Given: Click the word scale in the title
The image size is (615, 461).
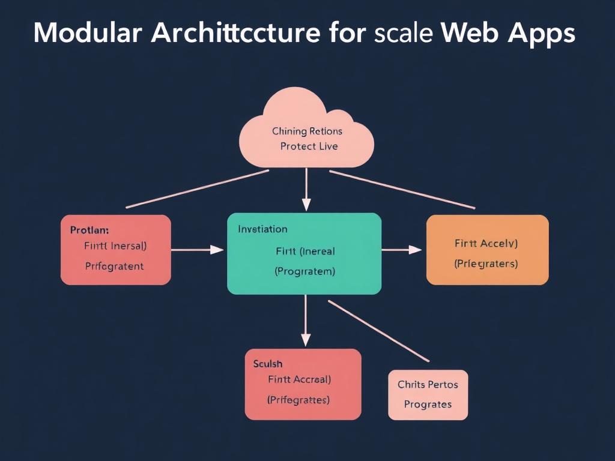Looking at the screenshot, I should coord(403,34).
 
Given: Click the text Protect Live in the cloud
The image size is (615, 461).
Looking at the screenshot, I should coord(309,146).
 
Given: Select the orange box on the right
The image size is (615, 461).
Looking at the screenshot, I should coord(487,250).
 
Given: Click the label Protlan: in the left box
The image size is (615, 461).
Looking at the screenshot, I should coord(89,230).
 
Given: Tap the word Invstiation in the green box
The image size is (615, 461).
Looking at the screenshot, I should coord(262,229).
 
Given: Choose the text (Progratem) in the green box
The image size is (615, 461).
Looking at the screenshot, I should coord(304,271).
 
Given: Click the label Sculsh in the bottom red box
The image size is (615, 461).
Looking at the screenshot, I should coord(268,364).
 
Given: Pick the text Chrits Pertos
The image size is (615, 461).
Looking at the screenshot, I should coord(428,384).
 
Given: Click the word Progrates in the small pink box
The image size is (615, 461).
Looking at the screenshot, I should coord(428,405).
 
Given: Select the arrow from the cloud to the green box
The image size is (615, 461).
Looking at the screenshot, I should coord(306,189).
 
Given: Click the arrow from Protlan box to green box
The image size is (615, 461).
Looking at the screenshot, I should coord(198,250).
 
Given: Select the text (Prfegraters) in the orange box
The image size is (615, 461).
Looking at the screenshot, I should coord(486,264).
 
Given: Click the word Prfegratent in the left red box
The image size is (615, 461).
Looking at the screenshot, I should coord(114,266).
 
